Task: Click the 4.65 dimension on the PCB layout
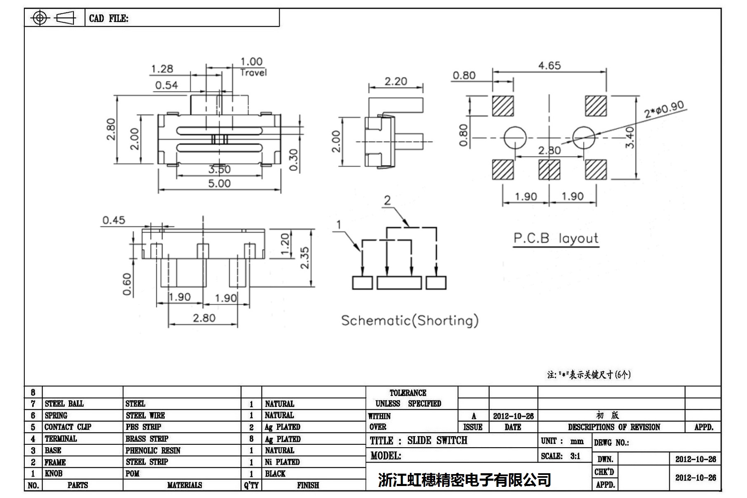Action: click(x=549, y=66)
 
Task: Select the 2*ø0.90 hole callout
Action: click(x=664, y=109)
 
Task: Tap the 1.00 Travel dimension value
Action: click(x=251, y=62)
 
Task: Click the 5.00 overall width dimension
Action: click(x=219, y=183)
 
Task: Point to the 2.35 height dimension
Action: click(x=304, y=258)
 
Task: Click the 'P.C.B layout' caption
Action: click(x=556, y=238)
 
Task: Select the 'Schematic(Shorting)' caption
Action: click(x=410, y=321)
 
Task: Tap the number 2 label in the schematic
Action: click(x=387, y=201)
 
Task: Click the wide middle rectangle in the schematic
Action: click(x=399, y=283)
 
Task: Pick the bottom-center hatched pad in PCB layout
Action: click(x=549, y=170)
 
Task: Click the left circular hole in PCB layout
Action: click(x=515, y=137)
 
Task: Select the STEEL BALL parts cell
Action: click(x=64, y=404)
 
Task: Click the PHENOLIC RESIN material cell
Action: click(x=153, y=450)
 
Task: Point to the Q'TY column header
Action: click(x=251, y=485)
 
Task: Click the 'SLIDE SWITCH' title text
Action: click(x=437, y=441)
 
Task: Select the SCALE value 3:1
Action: click(x=575, y=456)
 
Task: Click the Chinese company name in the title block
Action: click(x=464, y=480)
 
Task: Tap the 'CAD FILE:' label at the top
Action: click(x=108, y=19)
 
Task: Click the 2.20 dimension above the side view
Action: click(x=396, y=82)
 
